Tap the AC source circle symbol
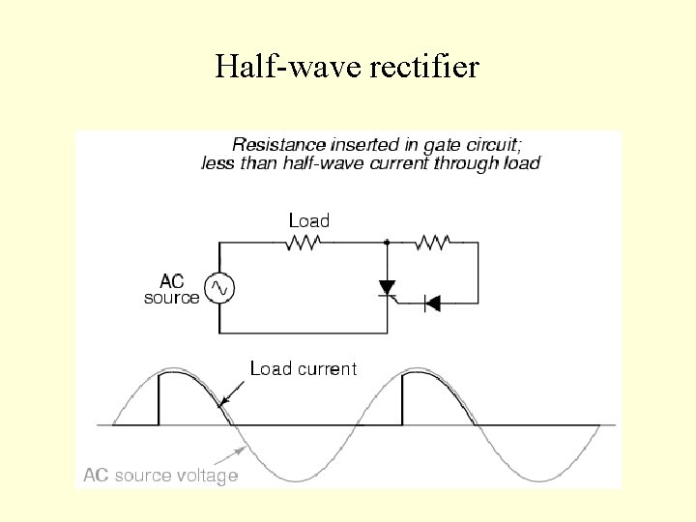click(x=218, y=288)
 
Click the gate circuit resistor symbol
click(x=431, y=243)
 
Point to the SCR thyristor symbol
click(x=388, y=289)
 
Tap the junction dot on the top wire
click(x=388, y=243)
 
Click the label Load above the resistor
click(x=308, y=221)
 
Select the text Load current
click(x=303, y=368)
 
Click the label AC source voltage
click(x=160, y=476)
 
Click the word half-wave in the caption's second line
click(x=312, y=162)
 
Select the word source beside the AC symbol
click(x=171, y=298)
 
